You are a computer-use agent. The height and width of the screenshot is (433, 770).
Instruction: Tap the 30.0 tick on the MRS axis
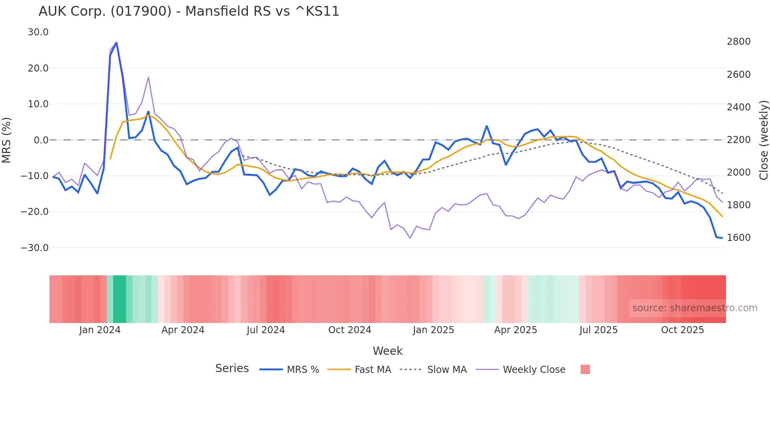[x=38, y=32]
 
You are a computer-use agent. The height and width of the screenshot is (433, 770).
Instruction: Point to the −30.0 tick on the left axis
[x=35, y=248]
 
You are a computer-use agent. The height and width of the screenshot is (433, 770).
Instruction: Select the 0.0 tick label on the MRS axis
[x=41, y=140]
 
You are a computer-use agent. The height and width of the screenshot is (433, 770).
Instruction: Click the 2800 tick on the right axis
[x=739, y=42]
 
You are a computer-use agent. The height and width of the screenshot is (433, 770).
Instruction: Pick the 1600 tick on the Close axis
[x=739, y=238]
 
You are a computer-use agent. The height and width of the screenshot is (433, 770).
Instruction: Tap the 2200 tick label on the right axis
[x=739, y=140]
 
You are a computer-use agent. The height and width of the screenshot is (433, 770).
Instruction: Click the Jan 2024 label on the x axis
[x=100, y=330]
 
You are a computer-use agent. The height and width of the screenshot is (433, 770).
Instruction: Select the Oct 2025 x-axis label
[x=682, y=330]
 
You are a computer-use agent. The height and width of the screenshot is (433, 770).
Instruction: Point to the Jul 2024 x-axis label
[x=266, y=330]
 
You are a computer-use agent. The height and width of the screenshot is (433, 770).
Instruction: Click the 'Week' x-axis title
[x=387, y=351]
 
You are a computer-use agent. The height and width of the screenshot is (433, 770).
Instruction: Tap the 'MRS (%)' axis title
[x=7, y=140]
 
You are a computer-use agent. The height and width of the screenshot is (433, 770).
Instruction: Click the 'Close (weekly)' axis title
[x=763, y=140]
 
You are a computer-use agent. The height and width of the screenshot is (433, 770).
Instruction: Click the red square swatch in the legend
[x=585, y=369]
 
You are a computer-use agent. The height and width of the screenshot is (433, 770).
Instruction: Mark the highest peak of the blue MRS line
[x=116, y=42]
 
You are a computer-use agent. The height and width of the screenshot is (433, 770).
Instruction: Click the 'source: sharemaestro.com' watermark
[x=695, y=308]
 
